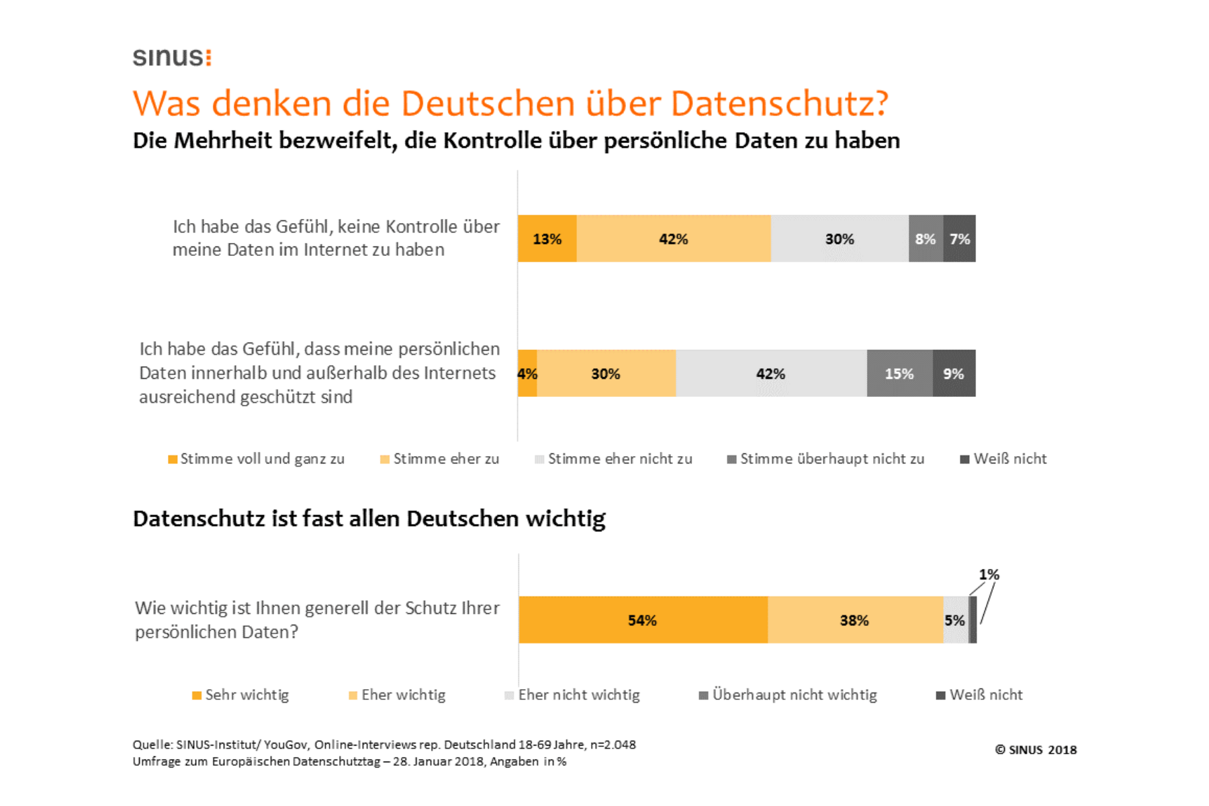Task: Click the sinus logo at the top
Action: [x=172, y=57]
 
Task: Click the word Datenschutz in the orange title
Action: [x=779, y=103]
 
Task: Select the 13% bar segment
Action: [x=547, y=238]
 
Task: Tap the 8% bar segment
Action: [x=925, y=238]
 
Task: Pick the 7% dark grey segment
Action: [x=959, y=238]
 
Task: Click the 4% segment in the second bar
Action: [x=527, y=373]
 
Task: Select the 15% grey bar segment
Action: [x=899, y=373]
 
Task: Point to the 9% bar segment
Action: [x=954, y=373]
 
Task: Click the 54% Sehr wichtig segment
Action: [x=642, y=620]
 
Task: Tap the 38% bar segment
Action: [x=854, y=620]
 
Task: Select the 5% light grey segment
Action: [x=954, y=620]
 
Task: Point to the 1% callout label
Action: [x=989, y=574]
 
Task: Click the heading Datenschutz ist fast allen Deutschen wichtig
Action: [x=369, y=519]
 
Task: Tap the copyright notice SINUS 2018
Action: [x=1036, y=750]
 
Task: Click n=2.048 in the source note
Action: [x=613, y=744]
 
